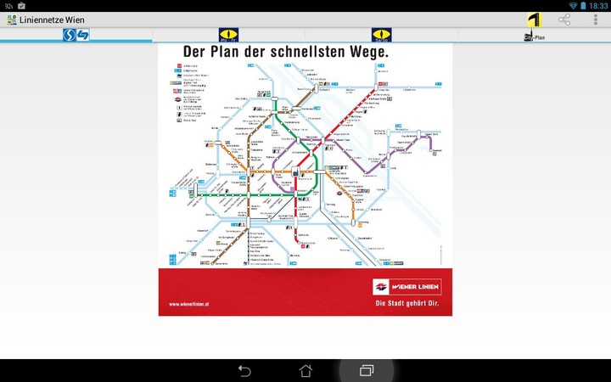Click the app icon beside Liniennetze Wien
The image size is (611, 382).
[x=11, y=20]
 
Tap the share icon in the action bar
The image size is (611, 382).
[x=564, y=20]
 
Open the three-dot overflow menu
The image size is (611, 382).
[x=595, y=20]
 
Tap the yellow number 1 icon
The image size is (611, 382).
[x=534, y=20]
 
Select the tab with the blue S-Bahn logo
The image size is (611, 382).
[x=76, y=35]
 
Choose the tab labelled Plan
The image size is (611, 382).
[x=535, y=36]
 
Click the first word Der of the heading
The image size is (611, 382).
[x=194, y=52]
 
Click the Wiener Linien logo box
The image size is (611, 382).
[x=406, y=286]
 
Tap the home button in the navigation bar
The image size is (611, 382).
[x=305, y=371]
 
